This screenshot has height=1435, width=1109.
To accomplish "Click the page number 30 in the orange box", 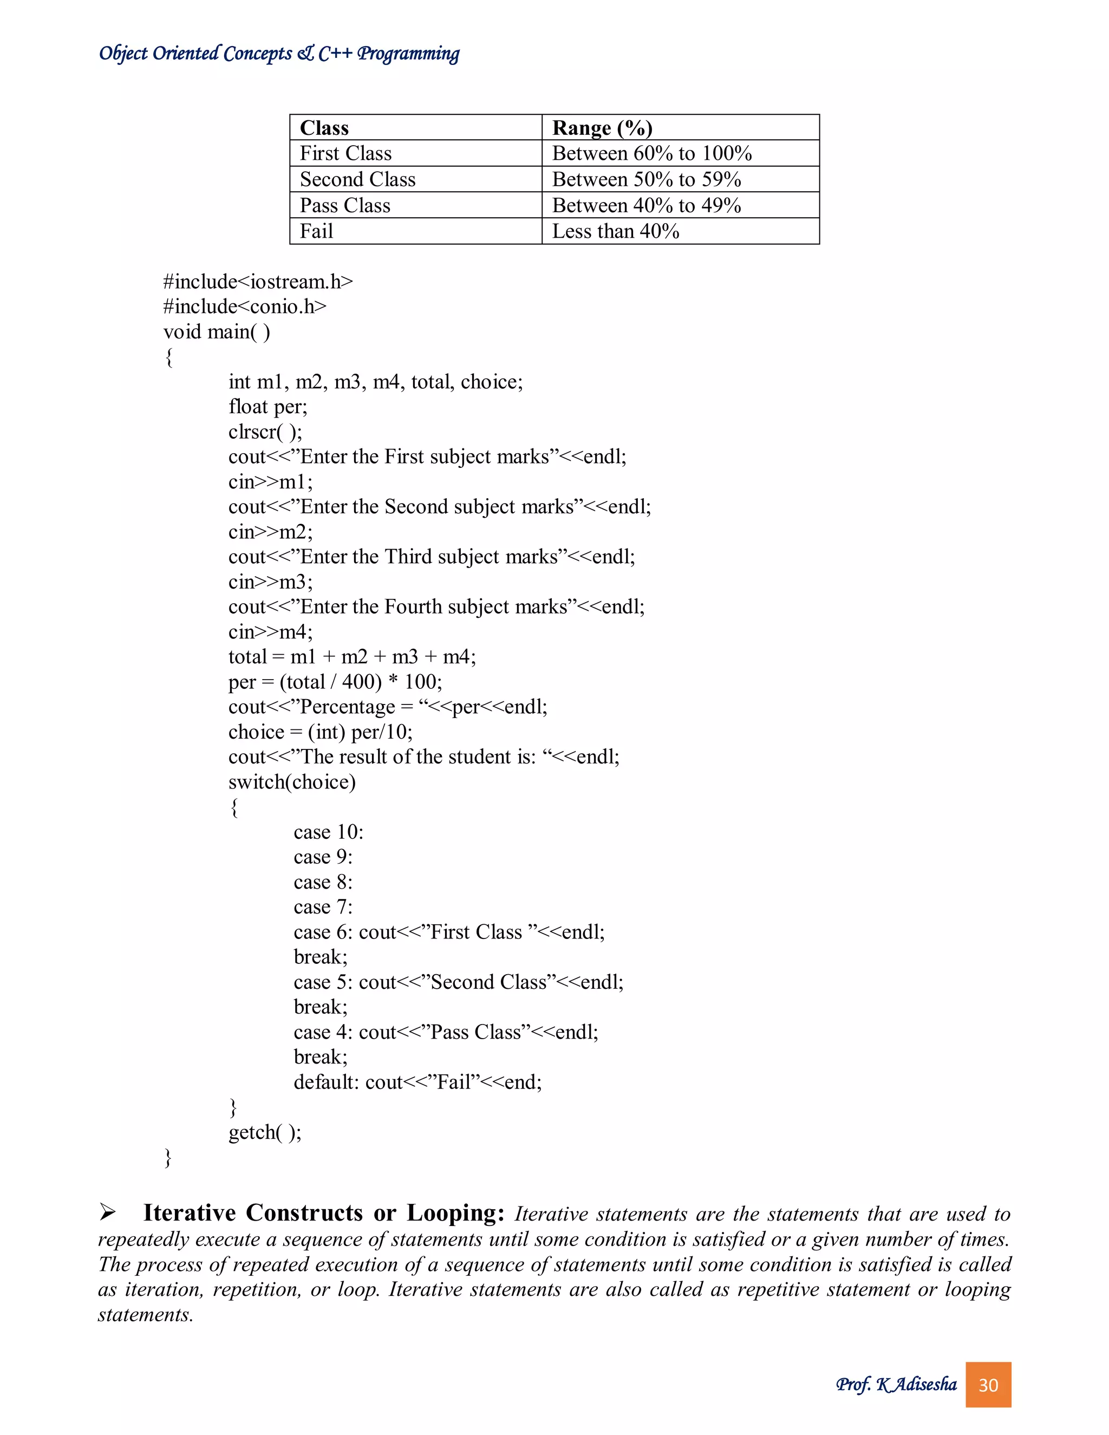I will click(x=988, y=1385).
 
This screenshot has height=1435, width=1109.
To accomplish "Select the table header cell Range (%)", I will click(x=602, y=127).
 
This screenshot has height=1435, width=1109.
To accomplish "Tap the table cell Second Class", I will click(x=357, y=179).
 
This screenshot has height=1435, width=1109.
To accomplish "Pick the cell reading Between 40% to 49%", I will click(x=647, y=206).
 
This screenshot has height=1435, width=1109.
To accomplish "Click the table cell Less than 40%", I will click(x=616, y=231).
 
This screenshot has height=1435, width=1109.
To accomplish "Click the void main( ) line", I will click(x=216, y=332).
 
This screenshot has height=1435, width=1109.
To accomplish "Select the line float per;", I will click(x=268, y=407).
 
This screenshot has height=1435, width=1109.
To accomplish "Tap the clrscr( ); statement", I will click(x=265, y=432).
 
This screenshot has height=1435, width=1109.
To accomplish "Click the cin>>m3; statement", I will click(x=270, y=582).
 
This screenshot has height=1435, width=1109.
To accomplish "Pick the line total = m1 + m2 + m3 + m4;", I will click(x=351, y=657).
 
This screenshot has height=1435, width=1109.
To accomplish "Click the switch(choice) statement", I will click(x=292, y=782).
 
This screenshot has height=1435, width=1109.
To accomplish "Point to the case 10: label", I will click(x=328, y=832).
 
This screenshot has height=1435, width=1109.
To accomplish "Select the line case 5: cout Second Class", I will click(x=458, y=982).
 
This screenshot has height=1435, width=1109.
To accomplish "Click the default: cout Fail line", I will click(x=417, y=1082).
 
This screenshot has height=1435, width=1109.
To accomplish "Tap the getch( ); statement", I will click(x=265, y=1132).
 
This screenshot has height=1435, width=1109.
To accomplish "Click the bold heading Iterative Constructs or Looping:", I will click(x=323, y=1213).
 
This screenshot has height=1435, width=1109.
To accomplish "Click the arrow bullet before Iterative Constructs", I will click(x=108, y=1213).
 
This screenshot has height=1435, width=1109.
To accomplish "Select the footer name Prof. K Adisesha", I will click(x=896, y=1385).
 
